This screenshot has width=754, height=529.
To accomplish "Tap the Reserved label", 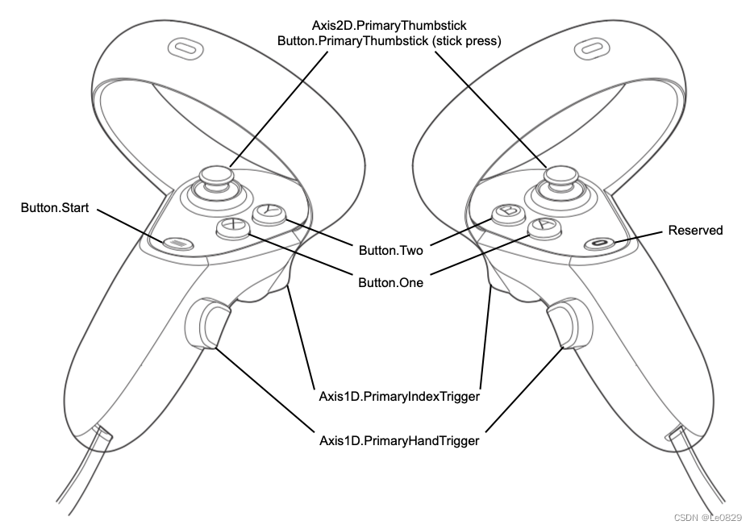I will (x=695, y=231).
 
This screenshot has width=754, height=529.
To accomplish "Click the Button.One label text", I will (x=390, y=283).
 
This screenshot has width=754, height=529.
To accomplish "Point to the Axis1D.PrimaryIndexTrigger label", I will (x=400, y=397).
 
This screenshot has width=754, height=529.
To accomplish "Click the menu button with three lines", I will (x=177, y=242).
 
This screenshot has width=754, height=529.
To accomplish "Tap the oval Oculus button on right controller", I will (x=598, y=242).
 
